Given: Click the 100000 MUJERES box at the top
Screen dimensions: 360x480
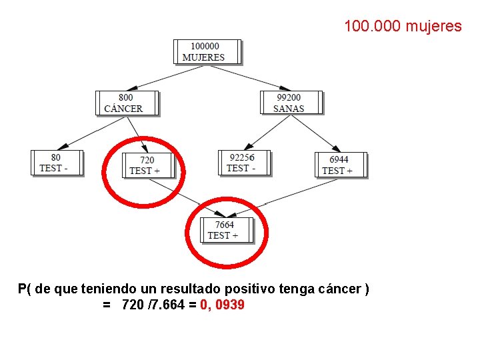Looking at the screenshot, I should pyautogui.click(x=206, y=51).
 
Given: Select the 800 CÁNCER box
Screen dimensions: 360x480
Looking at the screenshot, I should pyautogui.click(x=127, y=103).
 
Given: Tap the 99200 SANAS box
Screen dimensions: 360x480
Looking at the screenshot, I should pyautogui.click(x=290, y=103).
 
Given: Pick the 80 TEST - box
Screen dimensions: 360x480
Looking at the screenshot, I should pyautogui.click(x=56, y=162).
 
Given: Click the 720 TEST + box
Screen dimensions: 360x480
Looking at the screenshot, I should pyautogui.click(x=147, y=165).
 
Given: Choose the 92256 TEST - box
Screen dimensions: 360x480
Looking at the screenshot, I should pyautogui.click(x=244, y=162).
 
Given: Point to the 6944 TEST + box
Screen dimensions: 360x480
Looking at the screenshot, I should pyautogui.click(x=340, y=165).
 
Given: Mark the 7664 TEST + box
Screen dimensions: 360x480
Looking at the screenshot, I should pyautogui.click(x=226, y=230).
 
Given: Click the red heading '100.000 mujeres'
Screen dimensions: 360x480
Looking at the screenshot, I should pyautogui.click(x=403, y=27).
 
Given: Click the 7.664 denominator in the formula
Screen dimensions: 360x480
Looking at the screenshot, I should pyautogui.click(x=166, y=305).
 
